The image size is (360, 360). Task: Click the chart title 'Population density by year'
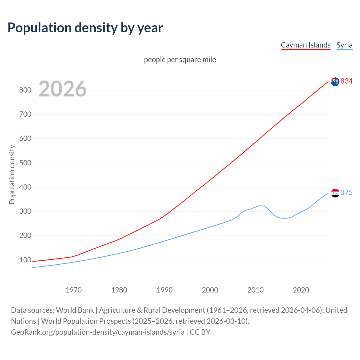click(85, 28)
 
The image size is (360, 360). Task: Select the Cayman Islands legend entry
click(305, 45)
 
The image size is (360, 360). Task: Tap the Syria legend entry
click(344, 45)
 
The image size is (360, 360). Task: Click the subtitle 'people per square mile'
click(180, 60)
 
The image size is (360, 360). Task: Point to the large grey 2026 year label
click(62, 89)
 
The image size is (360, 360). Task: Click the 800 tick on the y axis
click(25, 90)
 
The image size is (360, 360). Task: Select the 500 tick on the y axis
click(25, 163)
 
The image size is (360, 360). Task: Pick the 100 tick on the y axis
click(25, 260)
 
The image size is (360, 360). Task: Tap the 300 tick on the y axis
click(25, 211)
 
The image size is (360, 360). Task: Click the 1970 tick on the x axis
click(74, 290)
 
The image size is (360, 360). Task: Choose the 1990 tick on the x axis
click(165, 290)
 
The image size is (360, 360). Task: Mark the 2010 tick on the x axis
click(255, 290)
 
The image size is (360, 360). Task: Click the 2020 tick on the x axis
click(301, 290)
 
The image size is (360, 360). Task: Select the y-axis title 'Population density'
click(12, 174)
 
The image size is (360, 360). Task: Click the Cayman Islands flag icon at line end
click(335, 82)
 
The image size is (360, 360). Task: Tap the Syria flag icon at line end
click(335, 193)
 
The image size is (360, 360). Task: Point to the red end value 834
click(346, 81)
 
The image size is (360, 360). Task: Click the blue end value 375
click(346, 193)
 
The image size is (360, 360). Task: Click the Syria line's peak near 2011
click(260, 206)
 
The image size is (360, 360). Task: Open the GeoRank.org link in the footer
click(98, 332)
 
